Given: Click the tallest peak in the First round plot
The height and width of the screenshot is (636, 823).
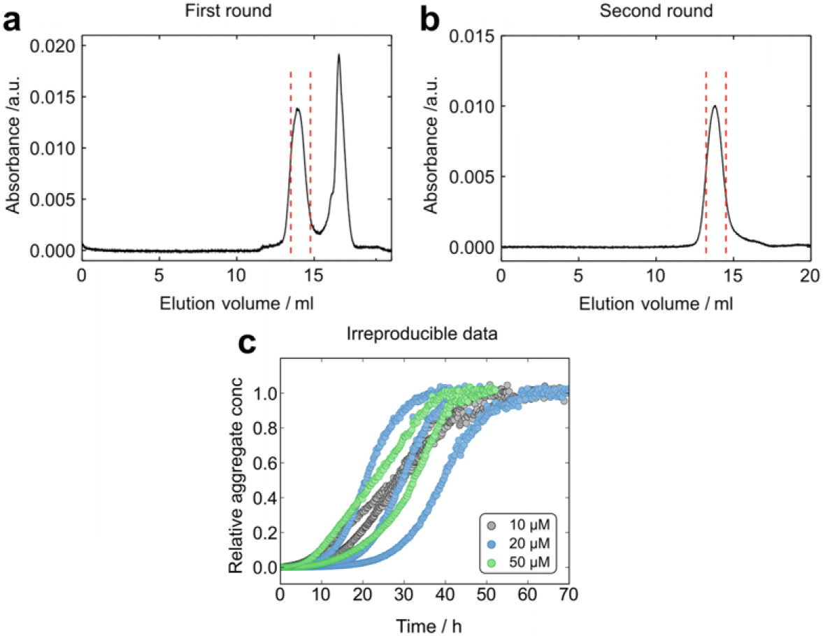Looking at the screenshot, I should coord(339,55).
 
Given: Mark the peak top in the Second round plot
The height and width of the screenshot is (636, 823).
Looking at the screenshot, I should coord(714,106).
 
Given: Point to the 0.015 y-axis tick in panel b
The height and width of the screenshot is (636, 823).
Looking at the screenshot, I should coord(474,36).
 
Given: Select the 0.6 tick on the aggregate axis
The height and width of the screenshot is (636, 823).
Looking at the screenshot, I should coord(264,462).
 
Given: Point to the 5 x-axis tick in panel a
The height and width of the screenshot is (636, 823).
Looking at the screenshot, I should coord(159,274).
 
